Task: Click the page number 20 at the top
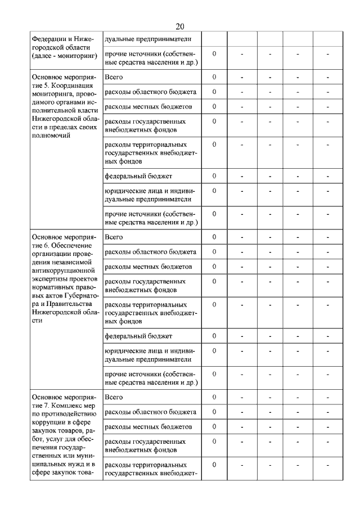click(x=180, y=26)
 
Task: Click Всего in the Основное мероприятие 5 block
click(x=114, y=77)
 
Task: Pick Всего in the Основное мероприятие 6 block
click(x=114, y=237)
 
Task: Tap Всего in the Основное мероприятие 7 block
click(x=114, y=398)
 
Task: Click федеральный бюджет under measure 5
click(x=138, y=177)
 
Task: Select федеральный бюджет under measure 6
click(x=138, y=337)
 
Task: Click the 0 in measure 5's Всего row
click(x=214, y=77)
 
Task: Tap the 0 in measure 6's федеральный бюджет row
click(x=214, y=336)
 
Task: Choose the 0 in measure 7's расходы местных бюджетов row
click(x=214, y=426)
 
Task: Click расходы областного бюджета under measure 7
click(x=150, y=412)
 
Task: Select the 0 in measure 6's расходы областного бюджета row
click(x=214, y=251)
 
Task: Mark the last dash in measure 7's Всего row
click(x=327, y=398)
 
